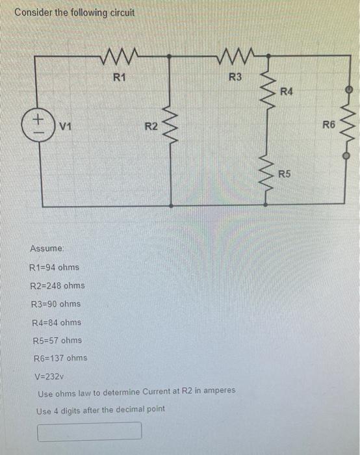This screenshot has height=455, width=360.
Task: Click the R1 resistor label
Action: point(119,78)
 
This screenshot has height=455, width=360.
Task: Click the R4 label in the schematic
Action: point(287,92)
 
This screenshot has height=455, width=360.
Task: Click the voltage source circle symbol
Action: point(38,122)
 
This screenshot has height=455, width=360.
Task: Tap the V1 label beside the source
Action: point(65,125)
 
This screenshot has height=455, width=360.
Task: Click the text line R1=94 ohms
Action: point(55,268)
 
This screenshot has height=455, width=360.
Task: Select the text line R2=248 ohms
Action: point(57,286)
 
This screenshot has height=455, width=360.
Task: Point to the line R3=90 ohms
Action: point(56,304)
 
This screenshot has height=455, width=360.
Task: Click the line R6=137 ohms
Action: point(60,358)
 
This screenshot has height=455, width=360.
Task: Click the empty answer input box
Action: point(90,431)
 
